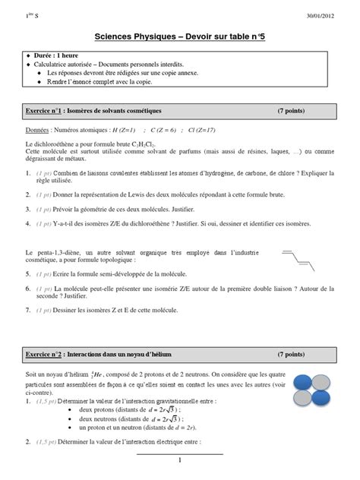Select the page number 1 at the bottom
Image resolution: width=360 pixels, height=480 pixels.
tap(180, 461)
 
